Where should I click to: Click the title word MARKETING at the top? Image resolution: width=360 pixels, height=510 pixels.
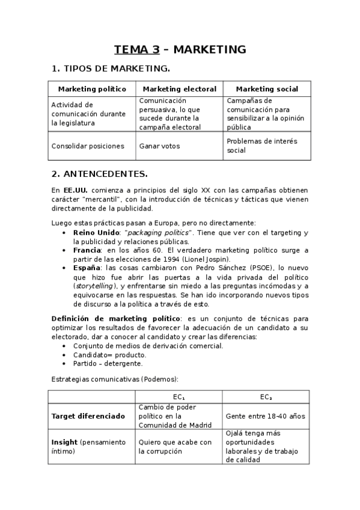213,50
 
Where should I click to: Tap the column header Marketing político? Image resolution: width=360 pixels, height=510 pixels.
92,89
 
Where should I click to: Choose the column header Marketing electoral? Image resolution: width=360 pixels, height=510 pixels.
179,89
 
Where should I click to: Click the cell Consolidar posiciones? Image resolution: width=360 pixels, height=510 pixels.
88,146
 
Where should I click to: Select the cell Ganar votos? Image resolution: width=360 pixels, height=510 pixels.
159,146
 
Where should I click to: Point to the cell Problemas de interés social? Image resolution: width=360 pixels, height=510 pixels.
261,146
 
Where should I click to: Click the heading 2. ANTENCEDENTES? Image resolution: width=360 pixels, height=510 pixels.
99,174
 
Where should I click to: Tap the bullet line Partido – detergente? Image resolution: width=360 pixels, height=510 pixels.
108,363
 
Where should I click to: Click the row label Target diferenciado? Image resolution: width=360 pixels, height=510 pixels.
88,416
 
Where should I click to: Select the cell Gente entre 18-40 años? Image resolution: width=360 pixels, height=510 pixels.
265,416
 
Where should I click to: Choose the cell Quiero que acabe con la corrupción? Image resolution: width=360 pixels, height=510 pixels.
175,446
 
